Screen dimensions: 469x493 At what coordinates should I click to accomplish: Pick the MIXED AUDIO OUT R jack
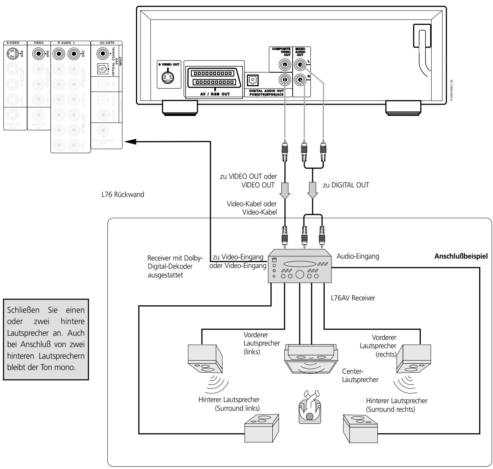pyautogui.click(x=301, y=79)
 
